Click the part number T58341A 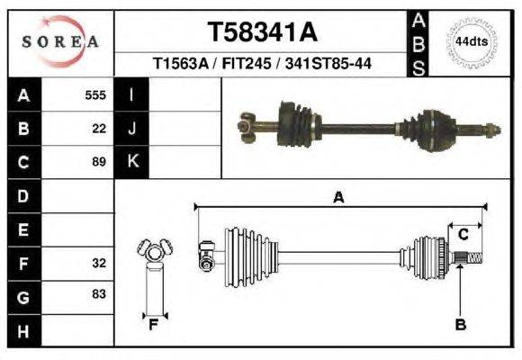coord(262,32)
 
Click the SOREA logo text coord(60,42)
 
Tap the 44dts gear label coord(472,42)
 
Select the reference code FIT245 coord(247,63)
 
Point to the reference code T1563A coord(180,63)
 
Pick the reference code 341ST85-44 coord(328,63)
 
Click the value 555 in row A coord(95,95)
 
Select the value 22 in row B coord(99,129)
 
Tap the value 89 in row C coord(99,162)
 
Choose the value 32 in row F coord(99,263)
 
